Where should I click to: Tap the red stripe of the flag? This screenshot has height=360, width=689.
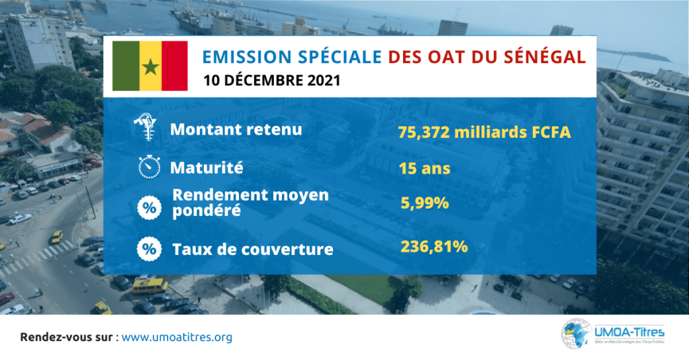[x=174, y=66]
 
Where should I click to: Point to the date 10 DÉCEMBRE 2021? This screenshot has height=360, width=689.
[x=272, y=79]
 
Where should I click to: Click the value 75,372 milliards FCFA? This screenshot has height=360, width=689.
[x=484, y=132]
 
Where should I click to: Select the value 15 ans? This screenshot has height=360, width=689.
[x=425, y=168]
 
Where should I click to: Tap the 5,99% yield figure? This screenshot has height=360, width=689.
[x=425, y=202]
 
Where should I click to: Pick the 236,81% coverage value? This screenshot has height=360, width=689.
[x=434, y=247]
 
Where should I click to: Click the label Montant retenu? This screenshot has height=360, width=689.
[x=236, y=129]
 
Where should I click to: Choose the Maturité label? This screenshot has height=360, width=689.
[x=206, y=168]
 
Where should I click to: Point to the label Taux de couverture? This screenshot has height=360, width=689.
[x=252, y=250]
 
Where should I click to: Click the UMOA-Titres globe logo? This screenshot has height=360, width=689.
[x=575, y=334]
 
